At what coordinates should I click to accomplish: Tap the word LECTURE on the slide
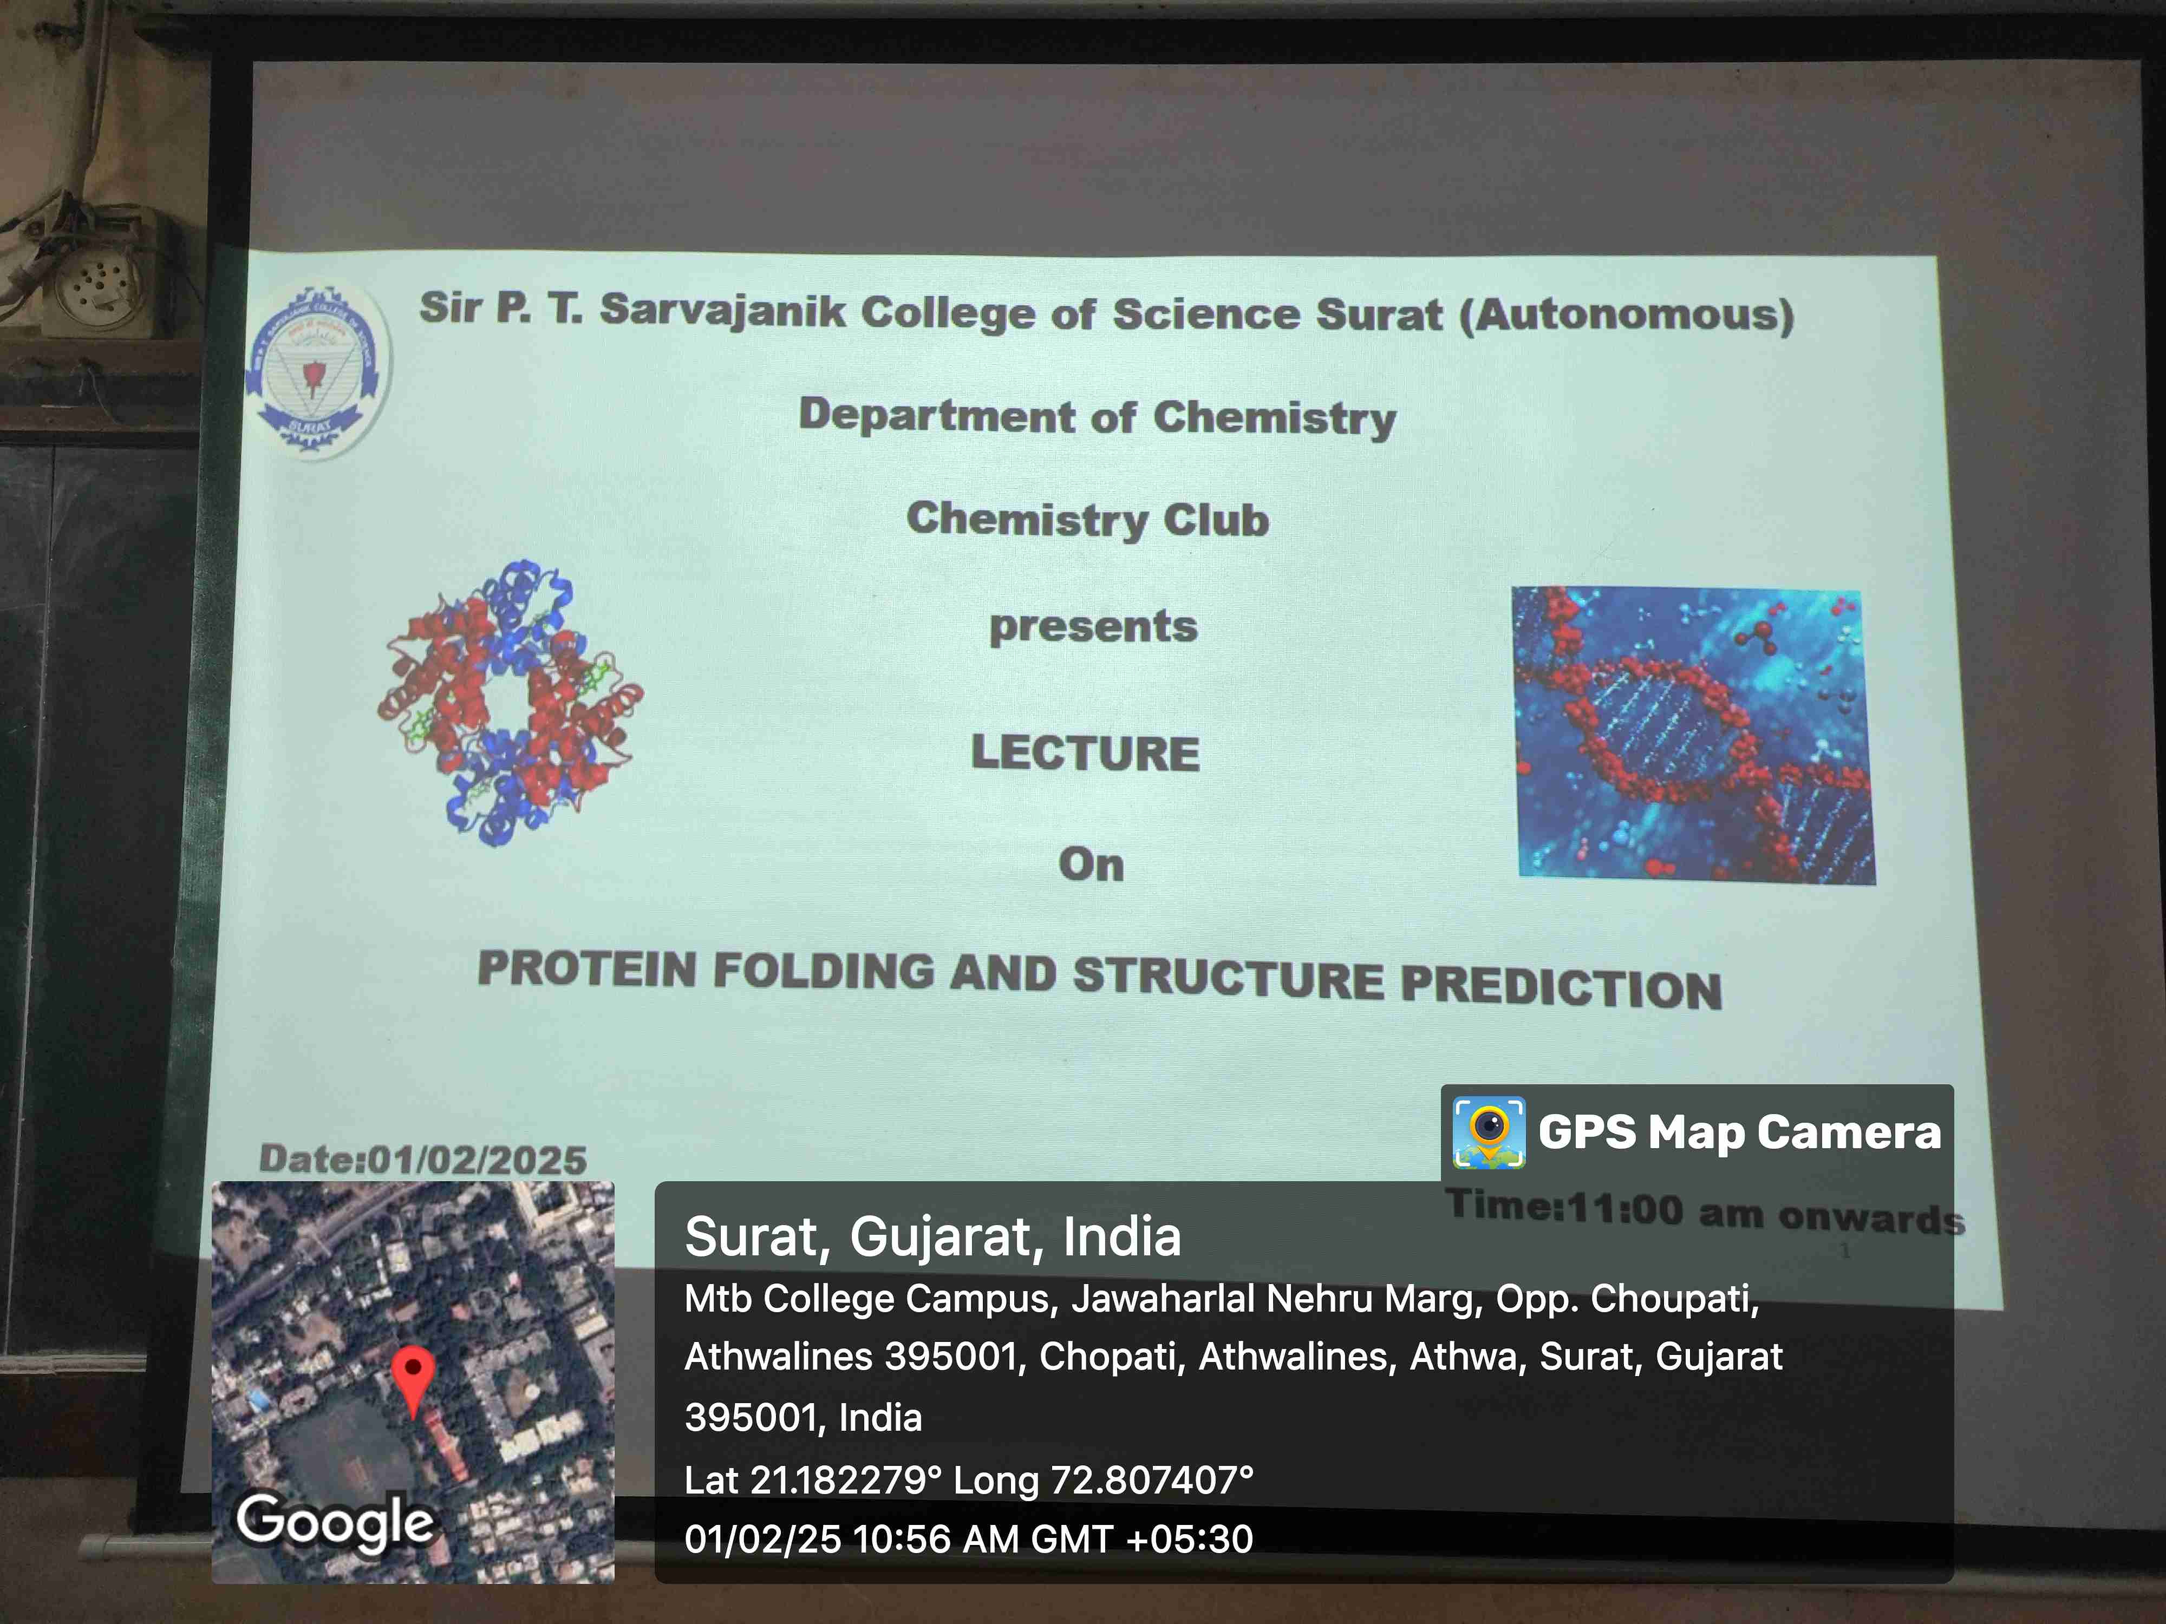click(x=1085, y=753)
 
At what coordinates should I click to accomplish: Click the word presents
click(x=1093, y=626)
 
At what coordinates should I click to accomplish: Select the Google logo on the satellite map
click(x=335, y=1522)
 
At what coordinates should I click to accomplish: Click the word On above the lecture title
click(x=1091, y=865)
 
